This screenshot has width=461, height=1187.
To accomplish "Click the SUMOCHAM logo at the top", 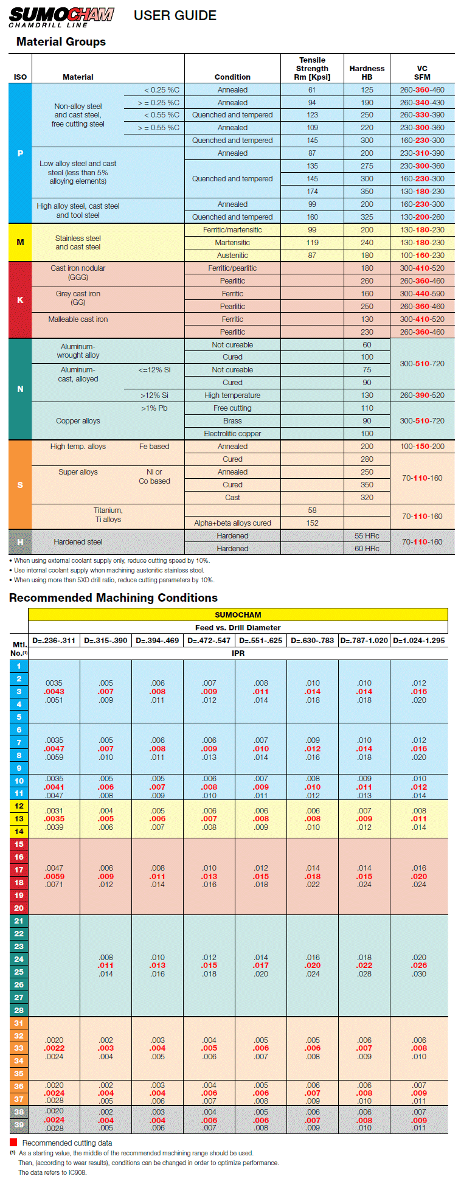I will point(61,17).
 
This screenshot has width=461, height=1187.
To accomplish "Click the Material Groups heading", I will point(61,42).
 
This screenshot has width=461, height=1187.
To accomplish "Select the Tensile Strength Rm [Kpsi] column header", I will point(312,69).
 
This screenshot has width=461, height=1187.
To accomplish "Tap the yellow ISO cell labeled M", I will point(20,242).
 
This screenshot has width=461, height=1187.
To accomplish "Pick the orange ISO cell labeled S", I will point(20,485).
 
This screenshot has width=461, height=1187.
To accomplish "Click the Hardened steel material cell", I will point(78,542).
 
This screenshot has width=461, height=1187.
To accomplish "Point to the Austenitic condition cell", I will point(232,256).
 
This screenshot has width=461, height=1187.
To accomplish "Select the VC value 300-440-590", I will point(422,294).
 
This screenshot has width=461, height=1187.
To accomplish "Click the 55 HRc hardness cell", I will point(367,536).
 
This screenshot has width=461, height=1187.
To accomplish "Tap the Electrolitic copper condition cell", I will point(232,434).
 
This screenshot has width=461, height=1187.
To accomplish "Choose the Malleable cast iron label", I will point(78,319).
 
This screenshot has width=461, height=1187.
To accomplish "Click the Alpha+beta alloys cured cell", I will point(232,523).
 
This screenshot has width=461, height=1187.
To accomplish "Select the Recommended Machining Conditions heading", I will point(113,598).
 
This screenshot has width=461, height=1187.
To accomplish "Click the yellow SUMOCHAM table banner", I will point(238,614).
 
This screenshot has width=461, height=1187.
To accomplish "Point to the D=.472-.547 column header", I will point(209,641).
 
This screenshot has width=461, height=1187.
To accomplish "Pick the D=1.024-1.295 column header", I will point(419,641).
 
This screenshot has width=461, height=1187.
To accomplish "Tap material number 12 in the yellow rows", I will point(19,806).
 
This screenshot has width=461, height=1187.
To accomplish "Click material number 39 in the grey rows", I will point(19,1125).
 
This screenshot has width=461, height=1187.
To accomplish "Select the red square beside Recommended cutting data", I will point(13,1143).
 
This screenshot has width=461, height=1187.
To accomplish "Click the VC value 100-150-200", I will point(422,447).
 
